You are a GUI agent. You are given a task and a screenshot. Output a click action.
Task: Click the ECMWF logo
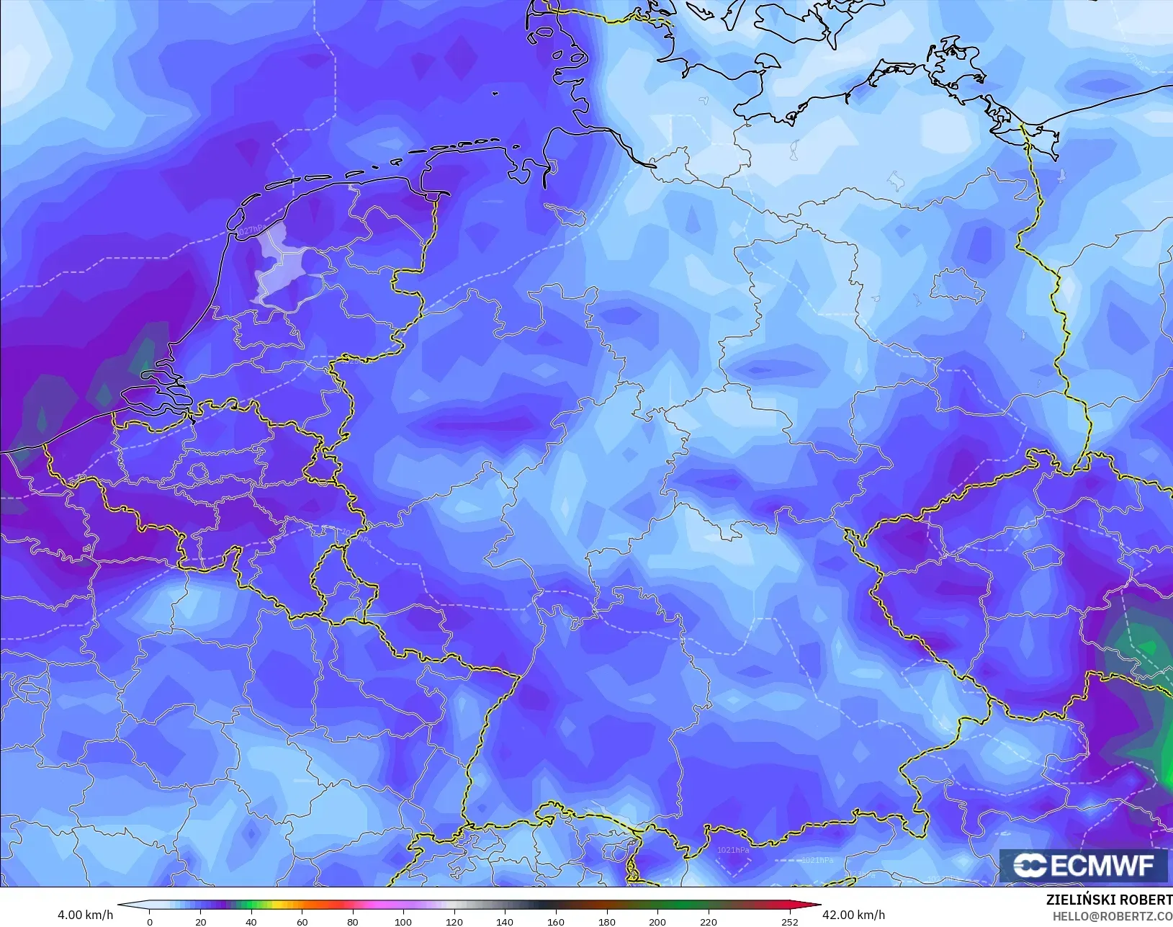tap(1083, 865)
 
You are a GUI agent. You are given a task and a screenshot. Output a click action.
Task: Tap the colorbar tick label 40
tap(251, 921)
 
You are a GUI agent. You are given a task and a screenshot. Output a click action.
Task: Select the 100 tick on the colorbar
tap(403, 921)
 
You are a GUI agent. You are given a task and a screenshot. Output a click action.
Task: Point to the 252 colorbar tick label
tap(789, 921)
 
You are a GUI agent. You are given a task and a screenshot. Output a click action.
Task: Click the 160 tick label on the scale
tap(555, 921)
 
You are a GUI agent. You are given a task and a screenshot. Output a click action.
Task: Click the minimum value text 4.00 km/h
tap(85, 915)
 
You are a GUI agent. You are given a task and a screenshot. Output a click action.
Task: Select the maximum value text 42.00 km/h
tap(853, 915)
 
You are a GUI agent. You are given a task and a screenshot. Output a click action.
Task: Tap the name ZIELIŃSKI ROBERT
tap(1109, 900)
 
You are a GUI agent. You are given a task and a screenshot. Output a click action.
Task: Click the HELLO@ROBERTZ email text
tap(1113, 916)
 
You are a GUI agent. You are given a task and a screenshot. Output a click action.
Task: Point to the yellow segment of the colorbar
tap(276, 905)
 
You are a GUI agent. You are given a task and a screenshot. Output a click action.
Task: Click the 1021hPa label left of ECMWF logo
tap(818, 860)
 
